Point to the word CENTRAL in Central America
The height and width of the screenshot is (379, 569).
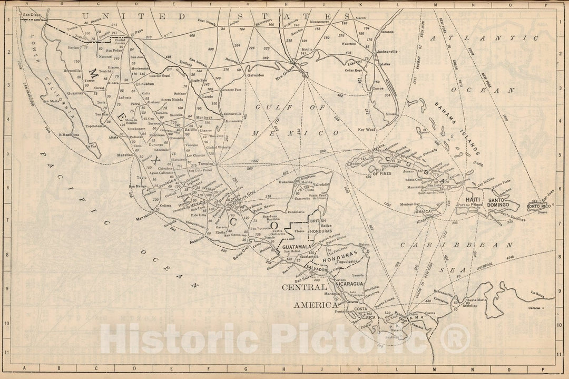(304, 288)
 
